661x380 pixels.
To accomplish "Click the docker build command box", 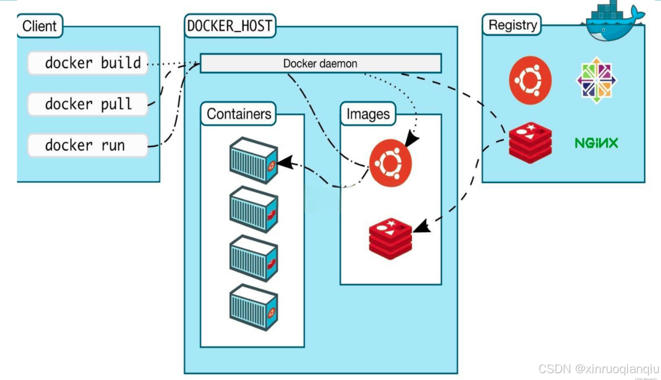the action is click(x=88, y=63).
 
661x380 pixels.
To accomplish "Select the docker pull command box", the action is click(x=88, y=104).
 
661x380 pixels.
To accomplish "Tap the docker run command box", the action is click(x=88, y=146).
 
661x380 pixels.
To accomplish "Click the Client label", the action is click(x=39, y=26).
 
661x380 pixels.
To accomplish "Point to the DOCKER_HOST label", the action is click(x=230, y=26).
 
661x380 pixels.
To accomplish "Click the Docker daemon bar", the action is click(x=321, y=63).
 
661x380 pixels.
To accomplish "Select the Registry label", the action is click(x=512, y=25).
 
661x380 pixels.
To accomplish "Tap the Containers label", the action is click(x=239, y=114).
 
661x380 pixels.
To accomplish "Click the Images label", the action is click(x=368, y=114).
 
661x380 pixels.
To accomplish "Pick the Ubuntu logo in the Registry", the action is click(x=530, y=80).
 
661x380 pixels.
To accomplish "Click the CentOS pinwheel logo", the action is click(x=597, y=80).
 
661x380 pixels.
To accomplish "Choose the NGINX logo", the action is click(x=597, y=144).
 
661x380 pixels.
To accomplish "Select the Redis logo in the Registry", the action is click(x=530, y=143).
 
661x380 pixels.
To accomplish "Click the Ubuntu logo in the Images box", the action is click(x=391, y=163).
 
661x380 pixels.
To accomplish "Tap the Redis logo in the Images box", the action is click(x=391, y=239).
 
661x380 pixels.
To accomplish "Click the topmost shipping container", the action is click(x=254, y=160).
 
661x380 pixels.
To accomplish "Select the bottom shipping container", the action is click(x=254, y=308).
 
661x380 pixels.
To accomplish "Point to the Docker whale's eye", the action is click(x=603, y=30).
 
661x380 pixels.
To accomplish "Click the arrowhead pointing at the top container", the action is click(x=285, y=162).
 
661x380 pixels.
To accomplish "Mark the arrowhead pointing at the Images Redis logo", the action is click(x=421, y=226).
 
